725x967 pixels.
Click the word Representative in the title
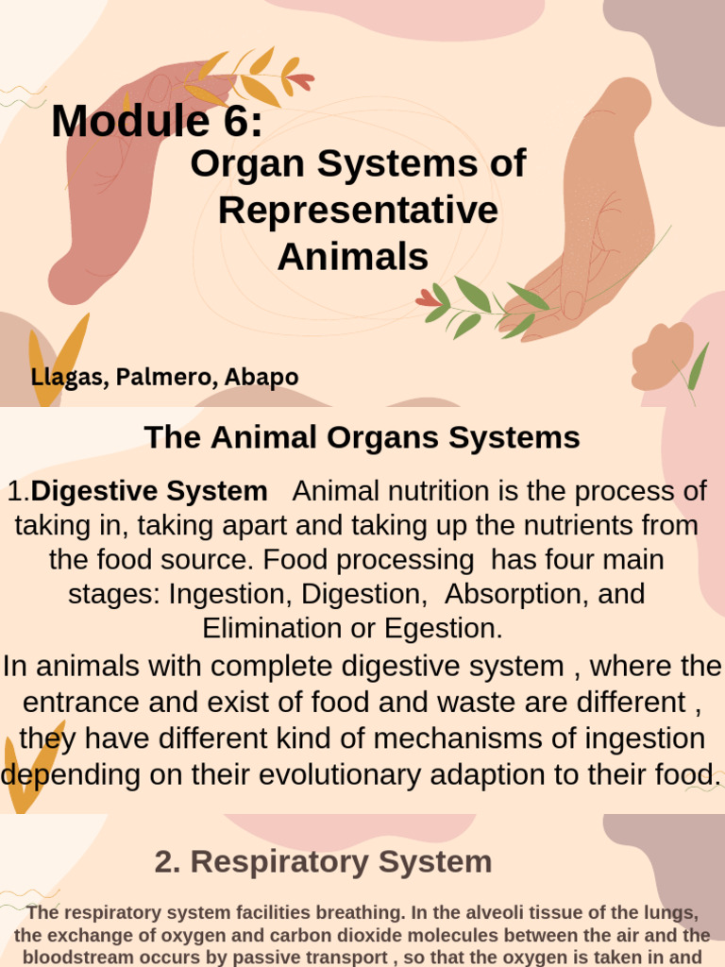pos(358,210)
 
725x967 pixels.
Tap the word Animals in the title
pos(353,256)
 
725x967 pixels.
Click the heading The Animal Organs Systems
pos(362,437)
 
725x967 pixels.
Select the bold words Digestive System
pos(149,491)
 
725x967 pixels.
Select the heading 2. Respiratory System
pos(323,861)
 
